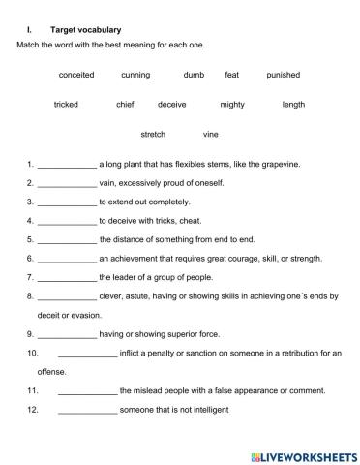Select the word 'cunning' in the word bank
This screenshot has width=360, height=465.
(x=135, y=75)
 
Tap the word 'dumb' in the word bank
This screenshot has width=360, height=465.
(x=194, y=75)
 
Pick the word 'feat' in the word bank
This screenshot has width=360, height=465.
(x=232, y=75)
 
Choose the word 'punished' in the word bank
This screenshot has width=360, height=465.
(x=284, y=75)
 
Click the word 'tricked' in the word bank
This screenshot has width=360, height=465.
(x=66, y=105)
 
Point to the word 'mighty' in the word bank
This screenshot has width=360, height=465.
(x=232, y=105)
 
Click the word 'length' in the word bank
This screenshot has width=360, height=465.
(x=293, y=105)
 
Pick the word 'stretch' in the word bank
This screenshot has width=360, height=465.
(x=153, y=134)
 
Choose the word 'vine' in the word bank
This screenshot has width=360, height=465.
(x=211, y=134)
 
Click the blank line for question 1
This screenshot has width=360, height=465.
(x=67, y=166)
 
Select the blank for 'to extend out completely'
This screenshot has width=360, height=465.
(x=67, y=202)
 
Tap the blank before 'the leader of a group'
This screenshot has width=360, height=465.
(x=67, y=278)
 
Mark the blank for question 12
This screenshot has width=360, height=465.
(x=87, y=410)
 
